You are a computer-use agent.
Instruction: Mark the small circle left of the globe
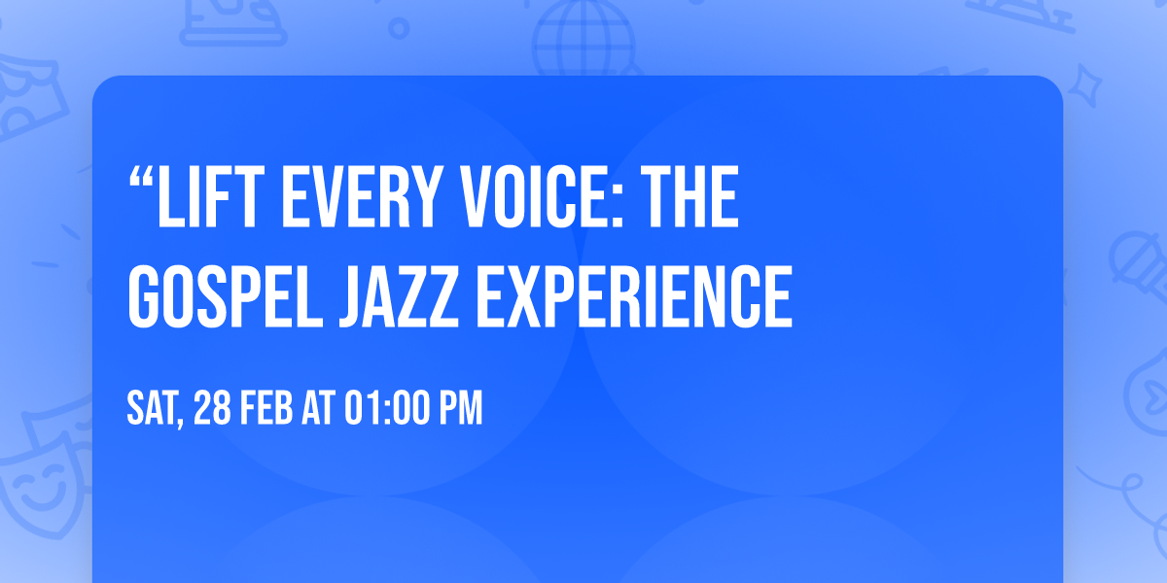click(399, 30)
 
